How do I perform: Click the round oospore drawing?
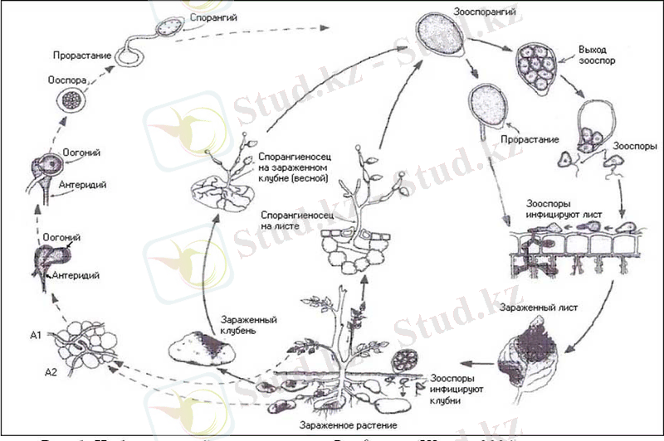(71, 99)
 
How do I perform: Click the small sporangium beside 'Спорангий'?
(171, 28)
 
